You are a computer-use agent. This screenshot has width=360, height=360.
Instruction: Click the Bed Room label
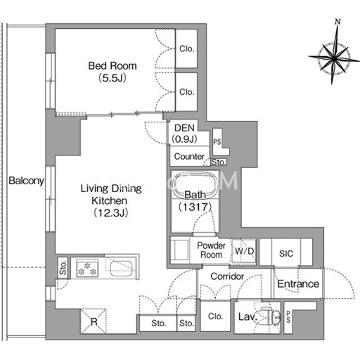click(x=112, y=66)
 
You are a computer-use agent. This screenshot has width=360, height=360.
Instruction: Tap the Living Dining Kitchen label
click(x=111, y=195)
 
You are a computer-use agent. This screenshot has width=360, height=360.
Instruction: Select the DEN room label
click(x=184, y=128)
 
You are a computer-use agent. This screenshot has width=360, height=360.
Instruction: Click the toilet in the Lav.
click(x=270, y=317)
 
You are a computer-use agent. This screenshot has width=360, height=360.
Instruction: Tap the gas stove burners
click(x=87, y=269)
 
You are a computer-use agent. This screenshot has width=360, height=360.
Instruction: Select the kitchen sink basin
click(x=122, y=269)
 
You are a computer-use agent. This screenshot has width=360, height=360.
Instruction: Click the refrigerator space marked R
click(x=94, y=321)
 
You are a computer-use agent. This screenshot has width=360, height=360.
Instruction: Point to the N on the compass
click(x=337, y=22)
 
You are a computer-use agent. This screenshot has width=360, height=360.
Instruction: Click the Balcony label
click(x=26, y=181)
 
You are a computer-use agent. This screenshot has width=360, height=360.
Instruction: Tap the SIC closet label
click(x=286, y=253)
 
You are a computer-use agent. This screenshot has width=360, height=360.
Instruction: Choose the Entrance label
click(x=298, y=284)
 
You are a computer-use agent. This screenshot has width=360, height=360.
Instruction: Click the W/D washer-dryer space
click(x=244, y=252)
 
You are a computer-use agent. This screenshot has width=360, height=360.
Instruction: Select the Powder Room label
click(x=211, y=250)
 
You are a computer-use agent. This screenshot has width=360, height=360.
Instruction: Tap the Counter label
click(x=189, y=156)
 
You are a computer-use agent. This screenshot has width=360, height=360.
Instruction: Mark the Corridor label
click(x=227, y=276)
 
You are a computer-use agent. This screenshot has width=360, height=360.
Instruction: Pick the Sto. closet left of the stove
click(x=63, y=268)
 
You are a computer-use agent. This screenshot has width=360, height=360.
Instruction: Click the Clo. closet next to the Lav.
click(x=215, y=316)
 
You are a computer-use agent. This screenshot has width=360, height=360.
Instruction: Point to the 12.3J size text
click(x=111, y=213)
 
